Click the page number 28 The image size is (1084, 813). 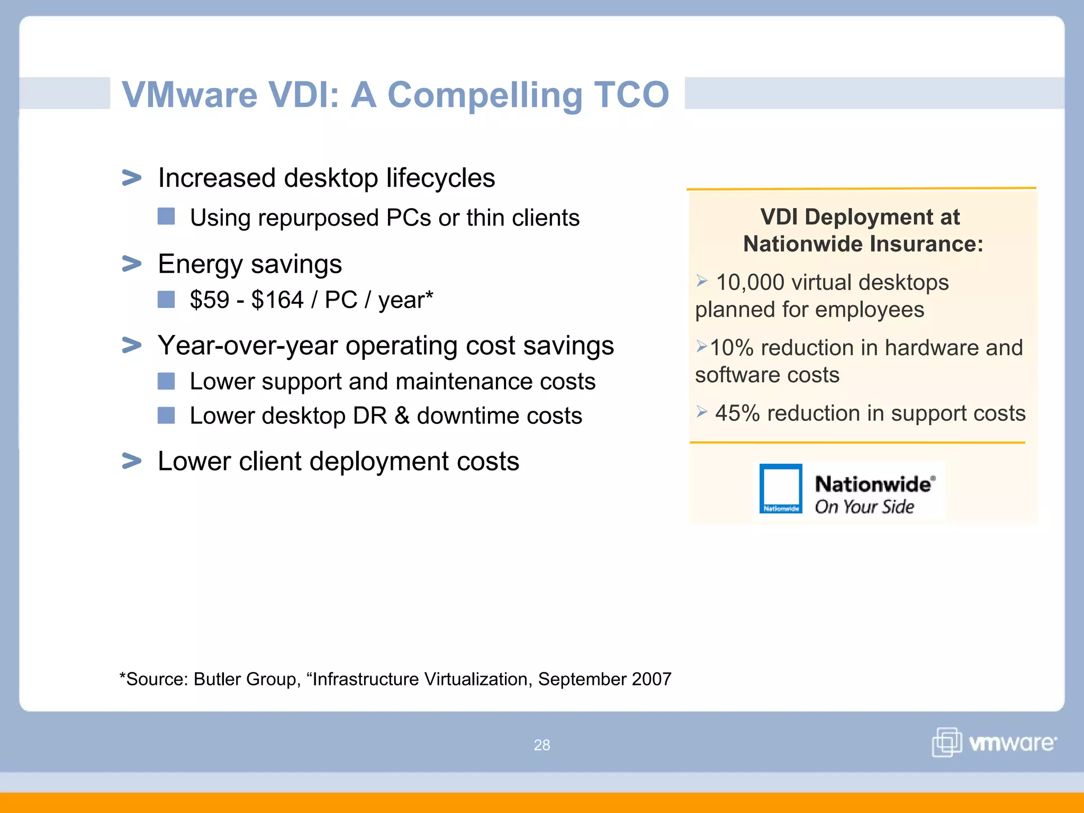tap(541, 745)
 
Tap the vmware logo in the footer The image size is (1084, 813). tap(994, 742)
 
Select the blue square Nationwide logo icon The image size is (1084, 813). tap(781, 489)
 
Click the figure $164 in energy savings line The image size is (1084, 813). tap(277, 300)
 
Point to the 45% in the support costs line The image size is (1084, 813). tap(737, 413)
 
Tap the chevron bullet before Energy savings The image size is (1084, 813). tap(132, 263)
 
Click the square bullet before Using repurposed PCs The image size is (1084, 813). tap(166, 216)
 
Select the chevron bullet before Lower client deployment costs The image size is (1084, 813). tap(132, 460)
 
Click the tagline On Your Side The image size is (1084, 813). tap(864, 507)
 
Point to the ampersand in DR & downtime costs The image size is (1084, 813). tap(402, 416)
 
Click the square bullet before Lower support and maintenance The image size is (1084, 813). tap(166, 381)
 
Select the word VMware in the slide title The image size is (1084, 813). tap(189, 94)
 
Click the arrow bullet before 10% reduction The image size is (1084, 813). tap(701, 347)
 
